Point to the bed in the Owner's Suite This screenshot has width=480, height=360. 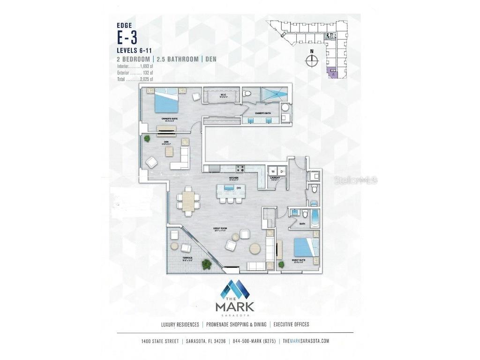tap(166, 100)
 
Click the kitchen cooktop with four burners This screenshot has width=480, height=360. tap(240, 169)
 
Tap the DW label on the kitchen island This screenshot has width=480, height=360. tap(239, 188)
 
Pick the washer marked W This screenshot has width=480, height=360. tap(273, 171)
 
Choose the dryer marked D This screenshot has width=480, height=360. tap(280, 171)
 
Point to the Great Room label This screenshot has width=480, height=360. tap(219, 229)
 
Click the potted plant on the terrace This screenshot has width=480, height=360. tap(206, 264)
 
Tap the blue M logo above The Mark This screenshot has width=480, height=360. tap(235, 290)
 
